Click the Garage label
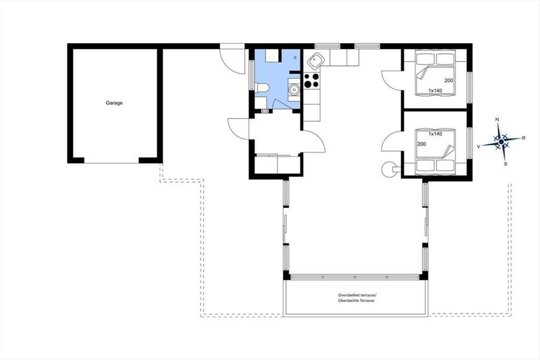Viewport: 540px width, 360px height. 114,103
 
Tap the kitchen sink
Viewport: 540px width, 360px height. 315,61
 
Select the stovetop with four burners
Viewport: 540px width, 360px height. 312,81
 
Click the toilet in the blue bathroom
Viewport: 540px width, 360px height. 261,88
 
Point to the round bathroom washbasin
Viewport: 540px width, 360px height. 294,90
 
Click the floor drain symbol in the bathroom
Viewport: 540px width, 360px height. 295,58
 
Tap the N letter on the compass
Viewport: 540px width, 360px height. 497,119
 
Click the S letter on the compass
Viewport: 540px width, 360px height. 505,164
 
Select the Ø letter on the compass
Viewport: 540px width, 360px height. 523,138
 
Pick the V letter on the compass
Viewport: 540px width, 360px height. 478,146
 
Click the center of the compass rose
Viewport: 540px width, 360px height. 501,142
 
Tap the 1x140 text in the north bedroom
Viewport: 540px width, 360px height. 435,90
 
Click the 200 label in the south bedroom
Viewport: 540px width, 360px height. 422,144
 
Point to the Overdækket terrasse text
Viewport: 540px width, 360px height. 357,295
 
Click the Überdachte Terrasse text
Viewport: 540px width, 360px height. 356,301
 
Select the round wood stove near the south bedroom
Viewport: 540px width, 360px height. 389,170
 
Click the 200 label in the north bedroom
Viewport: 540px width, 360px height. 449,81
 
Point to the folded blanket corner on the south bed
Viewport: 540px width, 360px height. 448,152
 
